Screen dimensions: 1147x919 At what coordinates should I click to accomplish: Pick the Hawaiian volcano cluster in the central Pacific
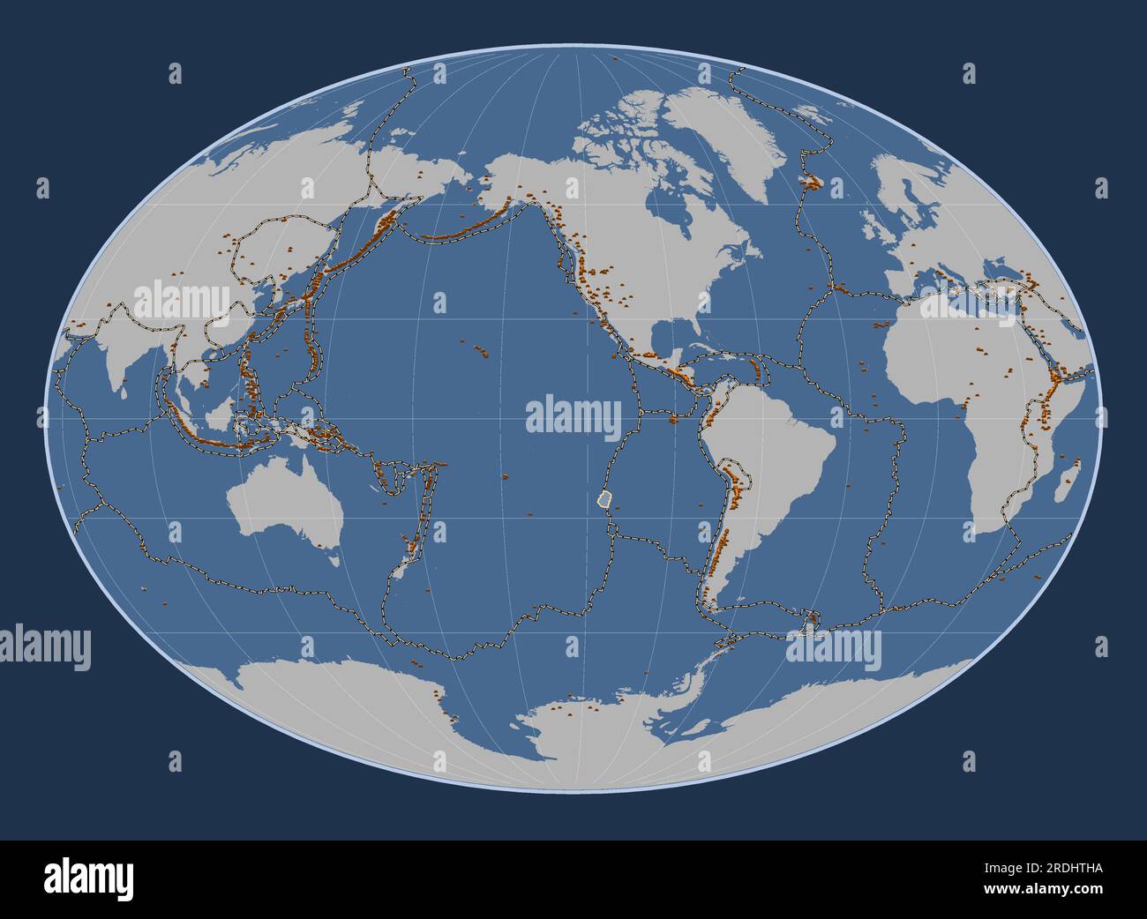(x=481, y=350)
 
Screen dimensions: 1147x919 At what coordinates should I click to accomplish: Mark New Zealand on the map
(x=409, y=551)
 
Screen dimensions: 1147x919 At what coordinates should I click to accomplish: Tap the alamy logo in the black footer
(x=88, y=878)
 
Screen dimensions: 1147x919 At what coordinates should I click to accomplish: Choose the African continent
(x=979, y=370)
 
